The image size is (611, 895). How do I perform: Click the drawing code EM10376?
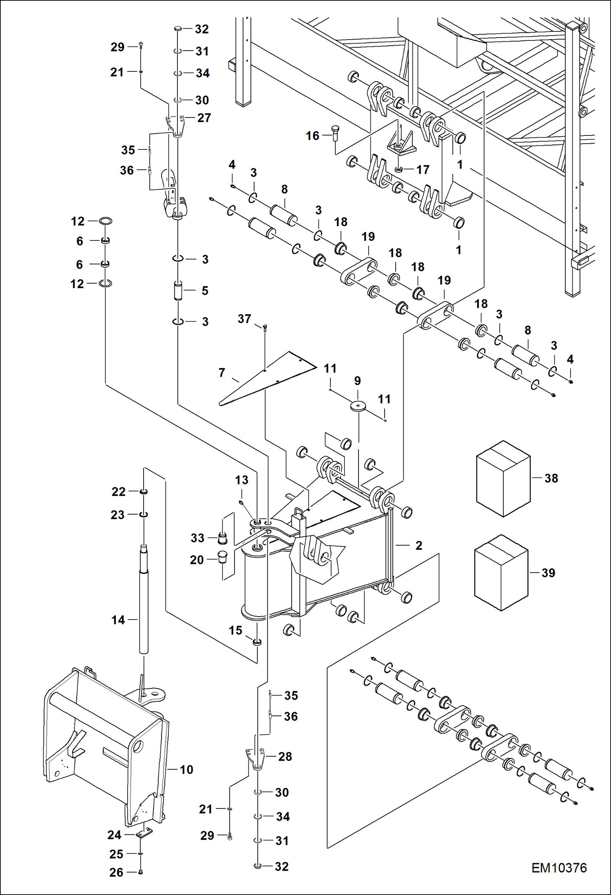click(559, 868)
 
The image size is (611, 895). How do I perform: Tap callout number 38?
click(551, 478)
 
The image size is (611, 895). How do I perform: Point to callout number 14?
click(118, 620)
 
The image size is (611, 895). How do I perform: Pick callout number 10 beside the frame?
click(186, 769)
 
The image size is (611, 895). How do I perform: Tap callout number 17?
click(423, 169)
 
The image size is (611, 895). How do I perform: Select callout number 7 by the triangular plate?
click(222, 372)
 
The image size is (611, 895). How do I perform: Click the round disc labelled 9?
click(358, 406)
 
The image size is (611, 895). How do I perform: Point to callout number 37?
click(244, 319)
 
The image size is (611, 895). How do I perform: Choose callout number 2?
click(418, 545)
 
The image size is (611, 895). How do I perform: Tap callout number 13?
click(241, 480)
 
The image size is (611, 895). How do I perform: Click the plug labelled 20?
click(222, 557)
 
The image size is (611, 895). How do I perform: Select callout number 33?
click(197, 538)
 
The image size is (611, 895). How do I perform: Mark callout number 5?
click(205, 291)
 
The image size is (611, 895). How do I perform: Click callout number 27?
click(204, 118)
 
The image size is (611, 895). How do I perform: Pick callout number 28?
click(285, 756)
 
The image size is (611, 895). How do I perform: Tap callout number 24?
click(114, 835)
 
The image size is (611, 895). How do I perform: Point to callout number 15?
click(235, 630)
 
